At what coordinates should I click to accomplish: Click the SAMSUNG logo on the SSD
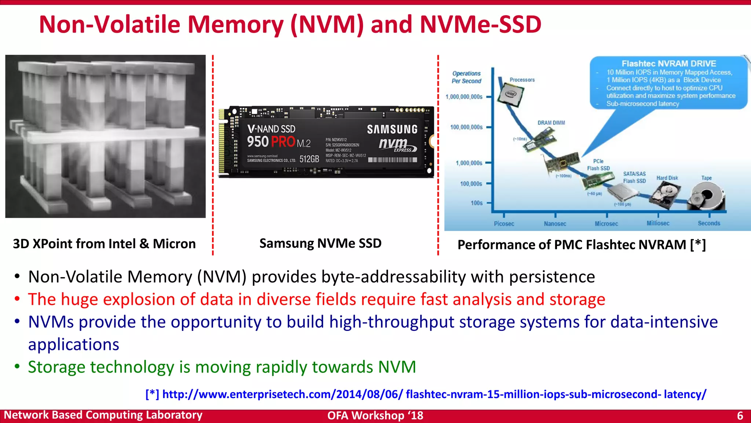392,129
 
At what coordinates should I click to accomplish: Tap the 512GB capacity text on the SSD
309,159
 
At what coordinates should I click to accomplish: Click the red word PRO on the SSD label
283,142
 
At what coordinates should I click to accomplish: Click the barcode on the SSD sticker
392,160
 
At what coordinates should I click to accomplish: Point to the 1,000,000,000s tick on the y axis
464,97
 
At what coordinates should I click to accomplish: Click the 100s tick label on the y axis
476,203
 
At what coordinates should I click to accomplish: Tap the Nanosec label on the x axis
555,224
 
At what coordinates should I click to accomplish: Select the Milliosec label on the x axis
658,223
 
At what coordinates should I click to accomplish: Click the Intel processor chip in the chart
510,94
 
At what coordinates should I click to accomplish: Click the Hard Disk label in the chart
667,178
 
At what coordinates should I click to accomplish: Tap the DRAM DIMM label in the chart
551,123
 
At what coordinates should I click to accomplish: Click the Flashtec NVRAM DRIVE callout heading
668,64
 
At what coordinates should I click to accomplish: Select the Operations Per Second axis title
466,77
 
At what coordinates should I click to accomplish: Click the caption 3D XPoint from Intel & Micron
104,244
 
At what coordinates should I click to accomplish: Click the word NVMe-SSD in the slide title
480,25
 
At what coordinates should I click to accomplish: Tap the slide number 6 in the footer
740,416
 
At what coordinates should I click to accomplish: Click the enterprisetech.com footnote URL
425,394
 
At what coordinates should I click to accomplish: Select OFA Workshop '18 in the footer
375,416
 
